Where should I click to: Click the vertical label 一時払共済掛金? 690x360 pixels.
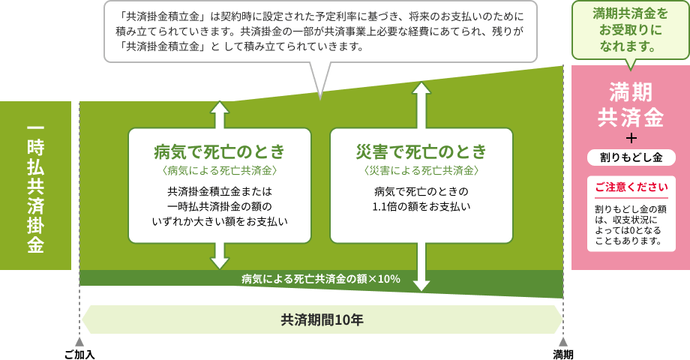point(35,186)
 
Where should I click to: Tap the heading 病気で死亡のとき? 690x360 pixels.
point(219,152)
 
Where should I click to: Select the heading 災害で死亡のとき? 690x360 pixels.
point(421,152)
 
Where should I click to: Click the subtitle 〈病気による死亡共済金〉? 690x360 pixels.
point(219,171)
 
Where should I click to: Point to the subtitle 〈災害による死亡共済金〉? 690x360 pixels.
point(421,171)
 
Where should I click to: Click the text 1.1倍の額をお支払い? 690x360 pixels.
point(421,205)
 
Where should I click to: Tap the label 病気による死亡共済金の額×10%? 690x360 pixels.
point(321,279)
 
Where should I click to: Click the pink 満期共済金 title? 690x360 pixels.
point(630,105)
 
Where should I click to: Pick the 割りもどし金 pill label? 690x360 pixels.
point(631,157)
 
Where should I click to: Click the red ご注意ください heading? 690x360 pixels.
point(631,187)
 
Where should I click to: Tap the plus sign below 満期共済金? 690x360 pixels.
point(631,139)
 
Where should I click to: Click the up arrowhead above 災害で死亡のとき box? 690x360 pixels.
point(421,89)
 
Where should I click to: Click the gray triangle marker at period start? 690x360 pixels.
point(79,342)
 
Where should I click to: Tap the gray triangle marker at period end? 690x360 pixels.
point(563,342)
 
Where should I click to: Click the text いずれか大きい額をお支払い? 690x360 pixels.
point(219,221)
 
